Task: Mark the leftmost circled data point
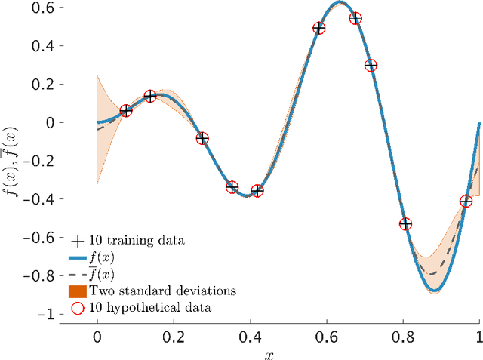(126, 111)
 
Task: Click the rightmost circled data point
(466, 201)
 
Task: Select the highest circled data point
(355, 18)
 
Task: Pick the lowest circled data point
(405, 224)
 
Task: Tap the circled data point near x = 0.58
(318, 28)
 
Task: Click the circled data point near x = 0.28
(202, 138)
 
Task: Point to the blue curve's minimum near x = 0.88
(436, 291)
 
